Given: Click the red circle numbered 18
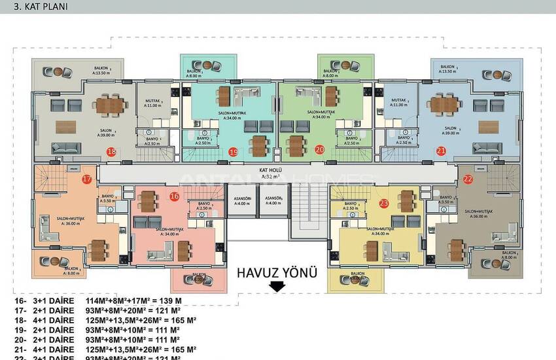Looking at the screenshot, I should pos(111,151).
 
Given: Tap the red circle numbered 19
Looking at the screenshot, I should pos(234,152).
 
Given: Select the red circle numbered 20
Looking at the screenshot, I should pos(319,149).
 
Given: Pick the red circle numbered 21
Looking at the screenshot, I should pos(442,151).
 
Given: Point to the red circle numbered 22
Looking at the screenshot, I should pos(468,178).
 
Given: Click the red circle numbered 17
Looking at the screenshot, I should pos(87,179).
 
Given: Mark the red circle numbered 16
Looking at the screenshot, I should pos(174,196).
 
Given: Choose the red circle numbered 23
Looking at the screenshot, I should pos(384,204).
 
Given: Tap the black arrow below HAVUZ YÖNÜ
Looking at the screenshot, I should pos(277,287).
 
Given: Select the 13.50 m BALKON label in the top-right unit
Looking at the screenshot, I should pos(449,69).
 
